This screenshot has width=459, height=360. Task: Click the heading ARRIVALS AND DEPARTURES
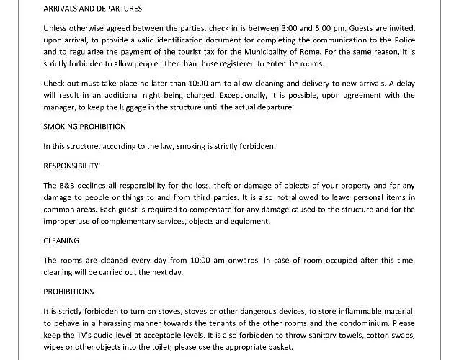(92, 9)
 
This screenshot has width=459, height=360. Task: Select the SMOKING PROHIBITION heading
(84, 126)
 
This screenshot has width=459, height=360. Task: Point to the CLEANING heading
(61, 240)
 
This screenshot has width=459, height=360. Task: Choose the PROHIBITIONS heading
(68, 292)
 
